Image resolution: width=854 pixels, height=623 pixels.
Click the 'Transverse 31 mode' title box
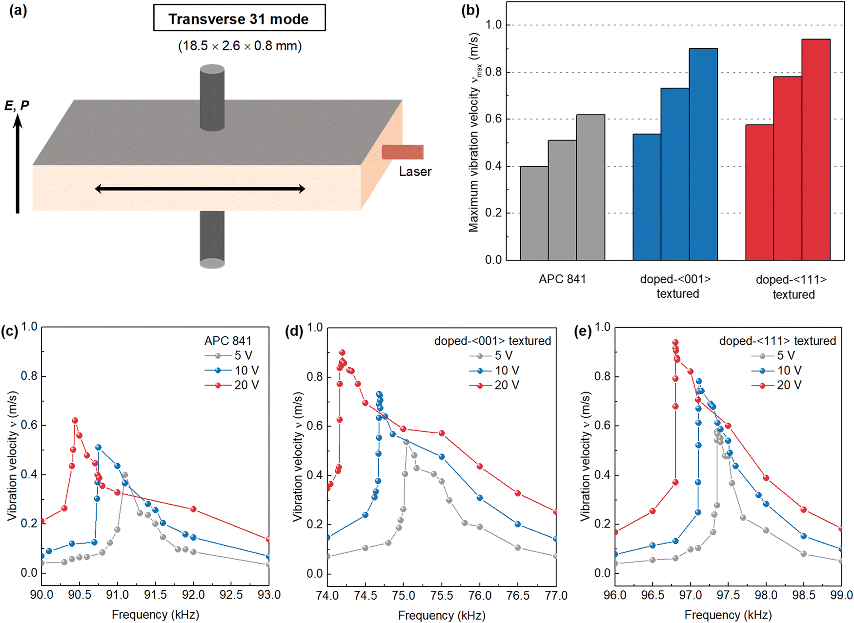[239, 19]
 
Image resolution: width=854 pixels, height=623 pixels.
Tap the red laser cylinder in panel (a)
[403, 152]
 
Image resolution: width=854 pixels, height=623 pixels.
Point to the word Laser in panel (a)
[415, 172]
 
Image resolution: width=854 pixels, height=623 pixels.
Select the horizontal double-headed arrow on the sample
[200, 189]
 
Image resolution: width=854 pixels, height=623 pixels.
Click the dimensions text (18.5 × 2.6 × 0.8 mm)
[240, 46]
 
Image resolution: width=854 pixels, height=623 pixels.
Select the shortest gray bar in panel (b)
[534, 213]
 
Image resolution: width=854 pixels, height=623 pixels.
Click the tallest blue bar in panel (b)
[703, 154]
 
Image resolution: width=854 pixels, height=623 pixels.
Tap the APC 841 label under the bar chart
[562, 279]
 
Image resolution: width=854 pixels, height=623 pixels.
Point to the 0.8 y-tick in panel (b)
[493, 72]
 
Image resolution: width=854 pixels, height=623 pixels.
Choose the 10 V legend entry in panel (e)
[781, 370]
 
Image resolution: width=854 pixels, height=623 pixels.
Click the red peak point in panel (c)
[75, 420]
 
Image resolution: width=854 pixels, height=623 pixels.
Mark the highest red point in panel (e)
[675, 342]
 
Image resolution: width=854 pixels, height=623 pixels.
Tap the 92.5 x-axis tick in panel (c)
[231, 595]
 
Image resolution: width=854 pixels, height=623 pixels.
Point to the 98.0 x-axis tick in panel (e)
[766, 595]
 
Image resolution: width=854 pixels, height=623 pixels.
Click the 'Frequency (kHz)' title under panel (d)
[442, 615]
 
